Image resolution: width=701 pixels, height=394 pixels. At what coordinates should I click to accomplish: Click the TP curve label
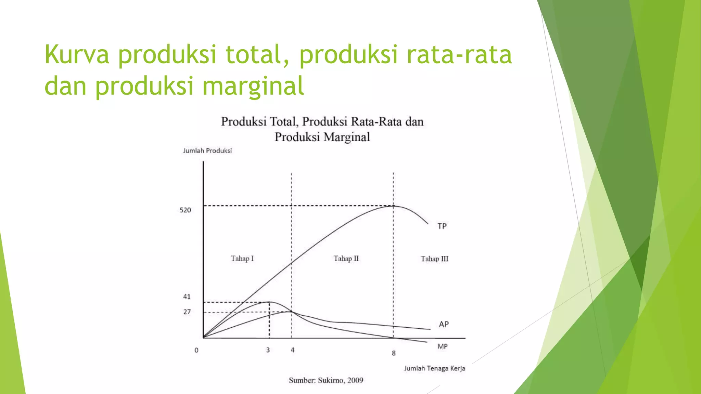442,226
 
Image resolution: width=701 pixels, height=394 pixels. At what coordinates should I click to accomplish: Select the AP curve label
444,324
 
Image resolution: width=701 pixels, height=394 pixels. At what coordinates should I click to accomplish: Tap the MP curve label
442,346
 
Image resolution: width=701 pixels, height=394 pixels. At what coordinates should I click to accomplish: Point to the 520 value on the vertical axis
185,210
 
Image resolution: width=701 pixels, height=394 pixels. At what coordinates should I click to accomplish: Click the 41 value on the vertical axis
187,297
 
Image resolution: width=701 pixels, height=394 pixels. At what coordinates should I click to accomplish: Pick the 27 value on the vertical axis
187,312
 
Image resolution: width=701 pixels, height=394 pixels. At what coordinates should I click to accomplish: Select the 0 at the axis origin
196,350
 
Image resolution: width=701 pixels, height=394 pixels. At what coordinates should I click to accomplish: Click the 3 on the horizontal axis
268,350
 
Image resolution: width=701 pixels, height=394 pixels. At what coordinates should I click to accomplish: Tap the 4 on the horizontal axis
293,350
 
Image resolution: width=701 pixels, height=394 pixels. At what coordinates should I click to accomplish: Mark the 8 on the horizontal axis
394,353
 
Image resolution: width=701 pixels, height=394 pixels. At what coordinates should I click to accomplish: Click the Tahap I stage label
242,259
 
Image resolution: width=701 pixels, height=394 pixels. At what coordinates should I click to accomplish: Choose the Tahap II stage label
346,259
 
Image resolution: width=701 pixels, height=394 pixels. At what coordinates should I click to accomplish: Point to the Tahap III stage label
434,259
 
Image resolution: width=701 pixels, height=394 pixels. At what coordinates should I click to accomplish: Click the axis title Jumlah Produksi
207,151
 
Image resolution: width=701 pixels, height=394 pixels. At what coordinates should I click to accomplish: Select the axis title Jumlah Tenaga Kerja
434,368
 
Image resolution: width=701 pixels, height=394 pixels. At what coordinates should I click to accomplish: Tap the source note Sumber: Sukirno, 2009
326,380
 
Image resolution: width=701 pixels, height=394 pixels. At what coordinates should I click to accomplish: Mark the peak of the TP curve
394,206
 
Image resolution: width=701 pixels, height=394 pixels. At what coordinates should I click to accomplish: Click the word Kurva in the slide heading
77,54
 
